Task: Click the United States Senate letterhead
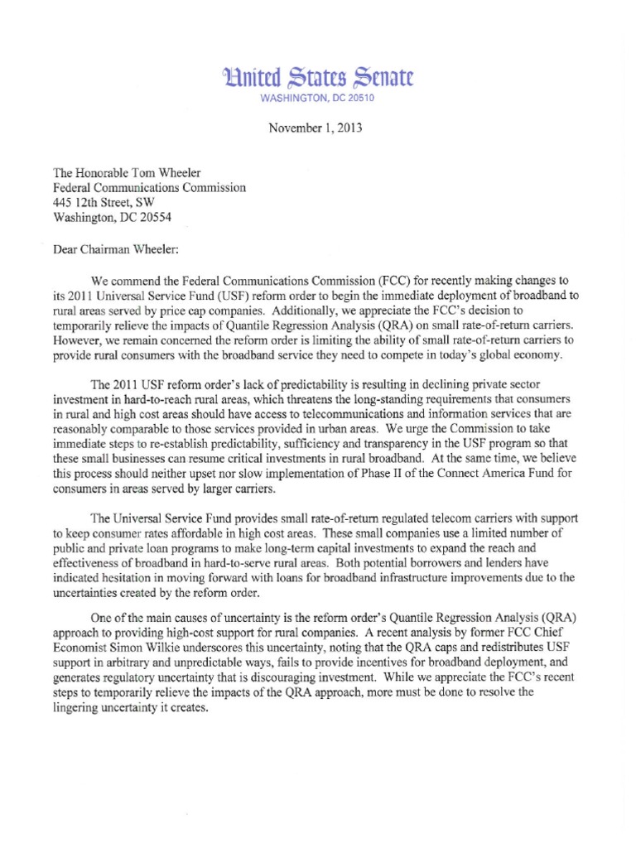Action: [317, 79]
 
